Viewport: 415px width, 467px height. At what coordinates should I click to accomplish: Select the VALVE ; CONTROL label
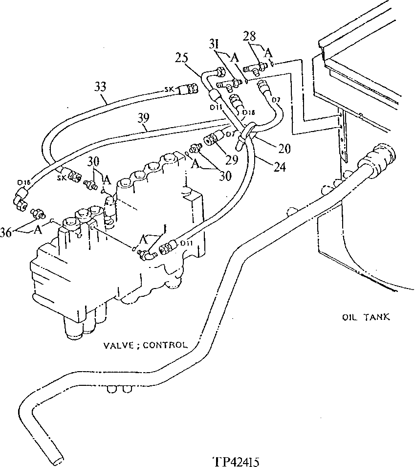(x=145, y=344)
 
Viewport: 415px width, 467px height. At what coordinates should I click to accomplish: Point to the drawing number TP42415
(x=236, y=461)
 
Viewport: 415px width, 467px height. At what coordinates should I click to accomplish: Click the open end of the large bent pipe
(x=58, y=458)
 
